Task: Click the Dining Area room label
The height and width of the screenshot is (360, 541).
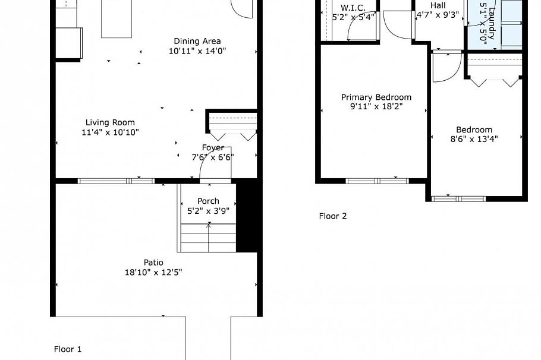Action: pos(197,41)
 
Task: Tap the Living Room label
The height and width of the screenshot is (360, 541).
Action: pos(110,122)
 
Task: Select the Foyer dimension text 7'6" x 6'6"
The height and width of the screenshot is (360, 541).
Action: pos(213,157)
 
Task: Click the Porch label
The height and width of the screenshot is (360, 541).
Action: pos(208,201)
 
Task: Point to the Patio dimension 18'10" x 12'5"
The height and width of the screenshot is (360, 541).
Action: pos(153,272)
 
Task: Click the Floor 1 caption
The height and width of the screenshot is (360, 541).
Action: pos(68,349)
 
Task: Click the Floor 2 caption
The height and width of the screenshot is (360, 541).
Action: pos(332,216)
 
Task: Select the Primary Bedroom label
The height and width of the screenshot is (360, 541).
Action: pos(376,97)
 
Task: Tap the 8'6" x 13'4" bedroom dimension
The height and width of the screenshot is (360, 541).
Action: pos(474,139)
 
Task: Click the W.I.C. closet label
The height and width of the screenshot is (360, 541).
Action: pos(353,8)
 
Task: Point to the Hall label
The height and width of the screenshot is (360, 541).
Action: pos(438,5)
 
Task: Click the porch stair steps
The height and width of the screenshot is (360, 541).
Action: pos(208,238)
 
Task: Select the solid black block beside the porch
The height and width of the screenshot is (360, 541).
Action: pos(247,217)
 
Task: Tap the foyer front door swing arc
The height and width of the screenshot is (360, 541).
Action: pos(212,168)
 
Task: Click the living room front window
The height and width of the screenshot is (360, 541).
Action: pos(116,181)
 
